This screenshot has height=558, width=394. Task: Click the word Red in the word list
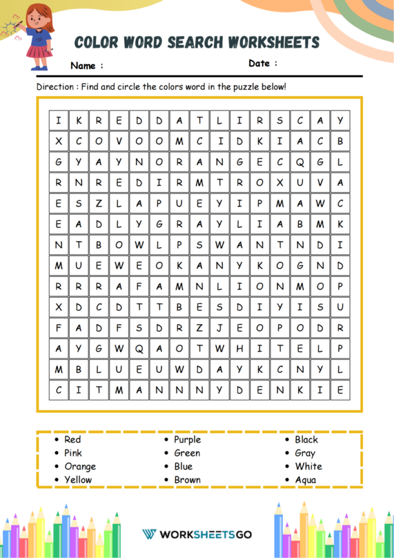tap(72, 440)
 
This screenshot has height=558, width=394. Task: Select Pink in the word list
tap(73, 453)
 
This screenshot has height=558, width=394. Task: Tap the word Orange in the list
tap(80, 466)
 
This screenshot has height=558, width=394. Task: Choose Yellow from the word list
tap(78, 480)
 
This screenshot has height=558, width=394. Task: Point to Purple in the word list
tap(187, 440)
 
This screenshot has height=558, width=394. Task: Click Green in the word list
tap(187, 453)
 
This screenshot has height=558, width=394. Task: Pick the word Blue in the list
tap(183, 466)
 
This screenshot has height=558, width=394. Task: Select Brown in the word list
tap(187, 480)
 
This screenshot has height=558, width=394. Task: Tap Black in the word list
tap(306, 440)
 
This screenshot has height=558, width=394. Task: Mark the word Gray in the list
tap(305, 453)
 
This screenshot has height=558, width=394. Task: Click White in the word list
tap(308, 466)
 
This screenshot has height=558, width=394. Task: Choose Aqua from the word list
tap(305, 480)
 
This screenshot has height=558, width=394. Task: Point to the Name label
tap(83, 66)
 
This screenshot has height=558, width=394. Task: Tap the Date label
tap(259, 63)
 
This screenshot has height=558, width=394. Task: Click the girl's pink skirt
tap(39, 52)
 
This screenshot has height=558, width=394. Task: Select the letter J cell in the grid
tap(219, 328)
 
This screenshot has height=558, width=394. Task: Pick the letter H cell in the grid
tap(239, 349)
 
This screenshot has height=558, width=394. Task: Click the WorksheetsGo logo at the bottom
tap(197, 534)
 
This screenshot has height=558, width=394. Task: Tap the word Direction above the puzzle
tap(55, 87)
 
